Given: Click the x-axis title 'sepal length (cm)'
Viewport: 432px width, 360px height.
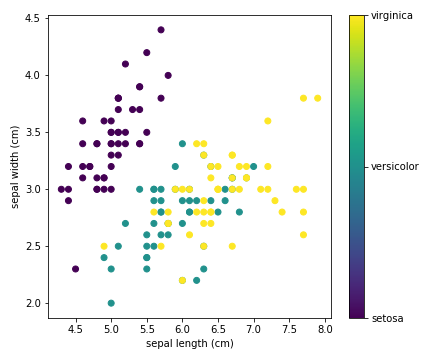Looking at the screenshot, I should [x=189, y=343].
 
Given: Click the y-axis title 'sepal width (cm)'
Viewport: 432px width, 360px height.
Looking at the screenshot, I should [x=14, y=165].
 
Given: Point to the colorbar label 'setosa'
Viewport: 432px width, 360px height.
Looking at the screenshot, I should [x=387, y=318].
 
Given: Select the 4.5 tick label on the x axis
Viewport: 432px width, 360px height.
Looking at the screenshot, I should [x=75, y=326].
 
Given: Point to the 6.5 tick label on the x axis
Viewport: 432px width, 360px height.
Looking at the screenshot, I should [x=217, y=326].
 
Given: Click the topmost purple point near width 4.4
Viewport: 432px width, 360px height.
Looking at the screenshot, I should [x=160, y=30].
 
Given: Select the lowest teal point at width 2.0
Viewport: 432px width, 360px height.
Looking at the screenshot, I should [x=111, y=303].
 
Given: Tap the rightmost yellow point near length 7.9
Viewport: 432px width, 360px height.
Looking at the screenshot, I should [x=317, y=98].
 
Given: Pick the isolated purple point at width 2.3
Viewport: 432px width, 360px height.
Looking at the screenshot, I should [x=75, y=269].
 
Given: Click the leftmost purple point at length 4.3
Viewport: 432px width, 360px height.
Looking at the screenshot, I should [x=61, y=189].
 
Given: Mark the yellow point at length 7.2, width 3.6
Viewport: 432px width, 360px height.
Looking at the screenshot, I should [x=267, y=121].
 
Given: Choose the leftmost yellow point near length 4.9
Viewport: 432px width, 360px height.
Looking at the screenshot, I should [x=104, y=246].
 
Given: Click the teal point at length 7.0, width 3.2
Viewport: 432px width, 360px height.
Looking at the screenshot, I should [x=253, y=166].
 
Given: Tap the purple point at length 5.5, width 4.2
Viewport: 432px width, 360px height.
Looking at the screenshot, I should [x=146, y=53].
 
